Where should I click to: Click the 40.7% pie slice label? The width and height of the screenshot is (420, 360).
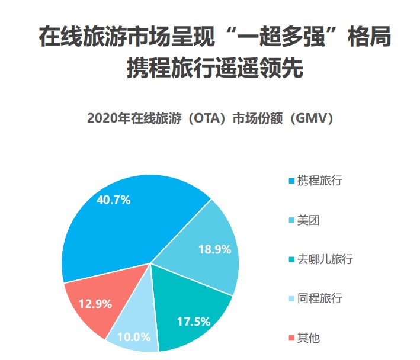click(x=113, y=200)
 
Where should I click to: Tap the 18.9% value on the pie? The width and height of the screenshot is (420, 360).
click(x=214, y=250)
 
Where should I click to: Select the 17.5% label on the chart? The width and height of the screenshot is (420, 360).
click(x=194, y=322)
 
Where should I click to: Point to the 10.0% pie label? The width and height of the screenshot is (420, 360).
click(x=133, y=337)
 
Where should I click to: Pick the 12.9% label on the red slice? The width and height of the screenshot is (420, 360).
click(x=95, y=304)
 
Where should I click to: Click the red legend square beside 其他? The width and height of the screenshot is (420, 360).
click(x=290, y=339)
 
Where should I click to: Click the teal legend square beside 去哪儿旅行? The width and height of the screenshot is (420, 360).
click(x=290, y=260)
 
